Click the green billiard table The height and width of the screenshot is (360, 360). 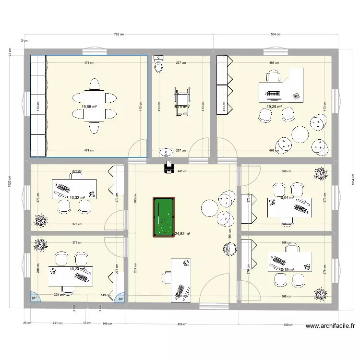click(x=163, y=217)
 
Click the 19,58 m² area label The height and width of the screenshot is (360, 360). click(x=89, y=107)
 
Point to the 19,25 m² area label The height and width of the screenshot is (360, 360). click(x=274, y=107)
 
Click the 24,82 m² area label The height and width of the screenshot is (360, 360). click(x=182, y=234)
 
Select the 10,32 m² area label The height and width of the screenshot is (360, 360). click(x=77, y=197)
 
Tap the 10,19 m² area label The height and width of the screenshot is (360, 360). click(x=286, y=269)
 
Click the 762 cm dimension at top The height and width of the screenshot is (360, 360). click(x=119, y=35)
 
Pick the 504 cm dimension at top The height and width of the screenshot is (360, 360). click(x=276, y=35)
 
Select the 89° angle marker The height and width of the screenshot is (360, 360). click(x=120, y=298)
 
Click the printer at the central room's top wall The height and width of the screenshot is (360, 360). click(x=168, y=168)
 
